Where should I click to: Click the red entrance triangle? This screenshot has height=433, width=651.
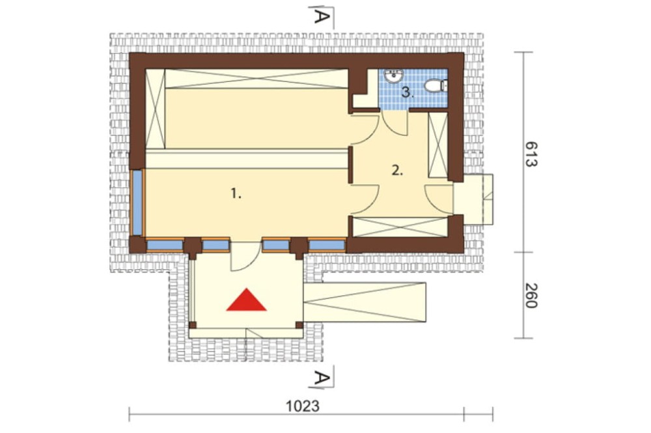click(246, 300)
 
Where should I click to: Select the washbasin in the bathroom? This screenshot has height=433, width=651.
click(393, 75)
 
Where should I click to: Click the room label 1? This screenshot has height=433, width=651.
click(236, 193)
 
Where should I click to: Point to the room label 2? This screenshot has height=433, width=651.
click(397, 170)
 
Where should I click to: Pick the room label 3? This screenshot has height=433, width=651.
click(408, 93)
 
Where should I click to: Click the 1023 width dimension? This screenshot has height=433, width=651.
click(303, 406)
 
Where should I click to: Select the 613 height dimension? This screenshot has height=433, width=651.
click(530, 154)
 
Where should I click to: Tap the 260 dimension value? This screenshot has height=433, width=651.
click(530, 296)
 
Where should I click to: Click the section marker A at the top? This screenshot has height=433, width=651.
click(322, 16)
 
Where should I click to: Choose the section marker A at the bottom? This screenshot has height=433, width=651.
click(322, 378)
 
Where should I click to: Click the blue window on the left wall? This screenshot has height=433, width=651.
click(137, 203)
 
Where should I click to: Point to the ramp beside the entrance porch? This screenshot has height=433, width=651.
click(365, 302)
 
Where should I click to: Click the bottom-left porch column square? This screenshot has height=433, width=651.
click(193, 325)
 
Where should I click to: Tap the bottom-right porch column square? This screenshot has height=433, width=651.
click(299, 325)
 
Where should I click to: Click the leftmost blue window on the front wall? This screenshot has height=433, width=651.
click(165, 245)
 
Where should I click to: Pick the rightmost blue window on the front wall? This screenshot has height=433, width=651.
click(327, 245)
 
